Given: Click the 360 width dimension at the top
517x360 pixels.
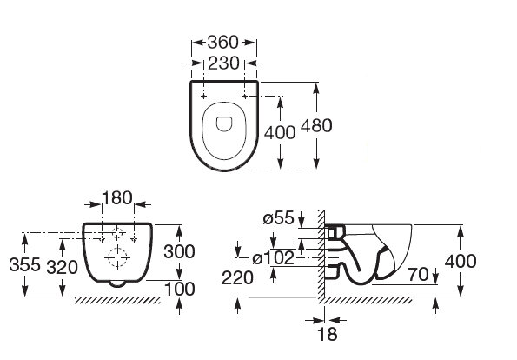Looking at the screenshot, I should [223, 42].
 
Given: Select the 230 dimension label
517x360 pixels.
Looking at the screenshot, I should [224, 63].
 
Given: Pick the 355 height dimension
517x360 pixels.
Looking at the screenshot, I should [18, 264].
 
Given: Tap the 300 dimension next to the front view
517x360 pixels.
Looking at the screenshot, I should [180, 251].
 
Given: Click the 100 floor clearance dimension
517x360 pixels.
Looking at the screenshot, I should [180, 288].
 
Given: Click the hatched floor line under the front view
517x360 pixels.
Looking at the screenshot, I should [122, 300].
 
